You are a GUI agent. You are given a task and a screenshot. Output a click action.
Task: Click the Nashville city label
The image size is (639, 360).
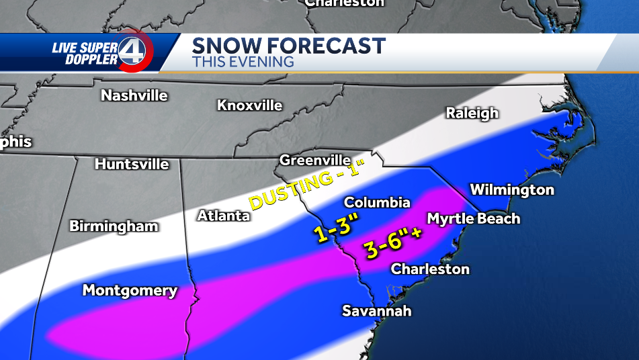point(134,95)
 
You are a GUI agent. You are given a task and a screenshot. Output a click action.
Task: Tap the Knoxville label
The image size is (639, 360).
point(249,105)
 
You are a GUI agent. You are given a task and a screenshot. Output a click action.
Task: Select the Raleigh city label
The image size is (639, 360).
point(472,113)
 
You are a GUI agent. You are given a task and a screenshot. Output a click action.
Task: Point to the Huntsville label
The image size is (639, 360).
point(132,164)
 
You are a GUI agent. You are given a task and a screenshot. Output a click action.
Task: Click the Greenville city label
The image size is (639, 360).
point(314,161)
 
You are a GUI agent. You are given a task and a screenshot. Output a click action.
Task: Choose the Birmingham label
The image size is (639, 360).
point(114,226)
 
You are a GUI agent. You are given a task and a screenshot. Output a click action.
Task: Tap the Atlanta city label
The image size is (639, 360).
point(223,216)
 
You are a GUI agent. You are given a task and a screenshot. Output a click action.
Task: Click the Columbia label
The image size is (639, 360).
point(376,202)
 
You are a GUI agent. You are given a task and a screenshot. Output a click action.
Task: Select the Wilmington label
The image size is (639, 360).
point(511,190)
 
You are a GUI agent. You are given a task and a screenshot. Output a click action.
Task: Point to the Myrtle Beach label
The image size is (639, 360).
point(473,218)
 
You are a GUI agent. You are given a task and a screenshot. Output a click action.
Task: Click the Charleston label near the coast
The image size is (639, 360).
point(430,269)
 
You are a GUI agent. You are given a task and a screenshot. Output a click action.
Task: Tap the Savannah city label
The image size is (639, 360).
point(376,311)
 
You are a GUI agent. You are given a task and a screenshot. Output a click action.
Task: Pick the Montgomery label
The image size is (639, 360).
point(130,291)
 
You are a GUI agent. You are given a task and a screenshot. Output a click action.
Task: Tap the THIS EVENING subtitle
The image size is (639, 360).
point(243,62)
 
